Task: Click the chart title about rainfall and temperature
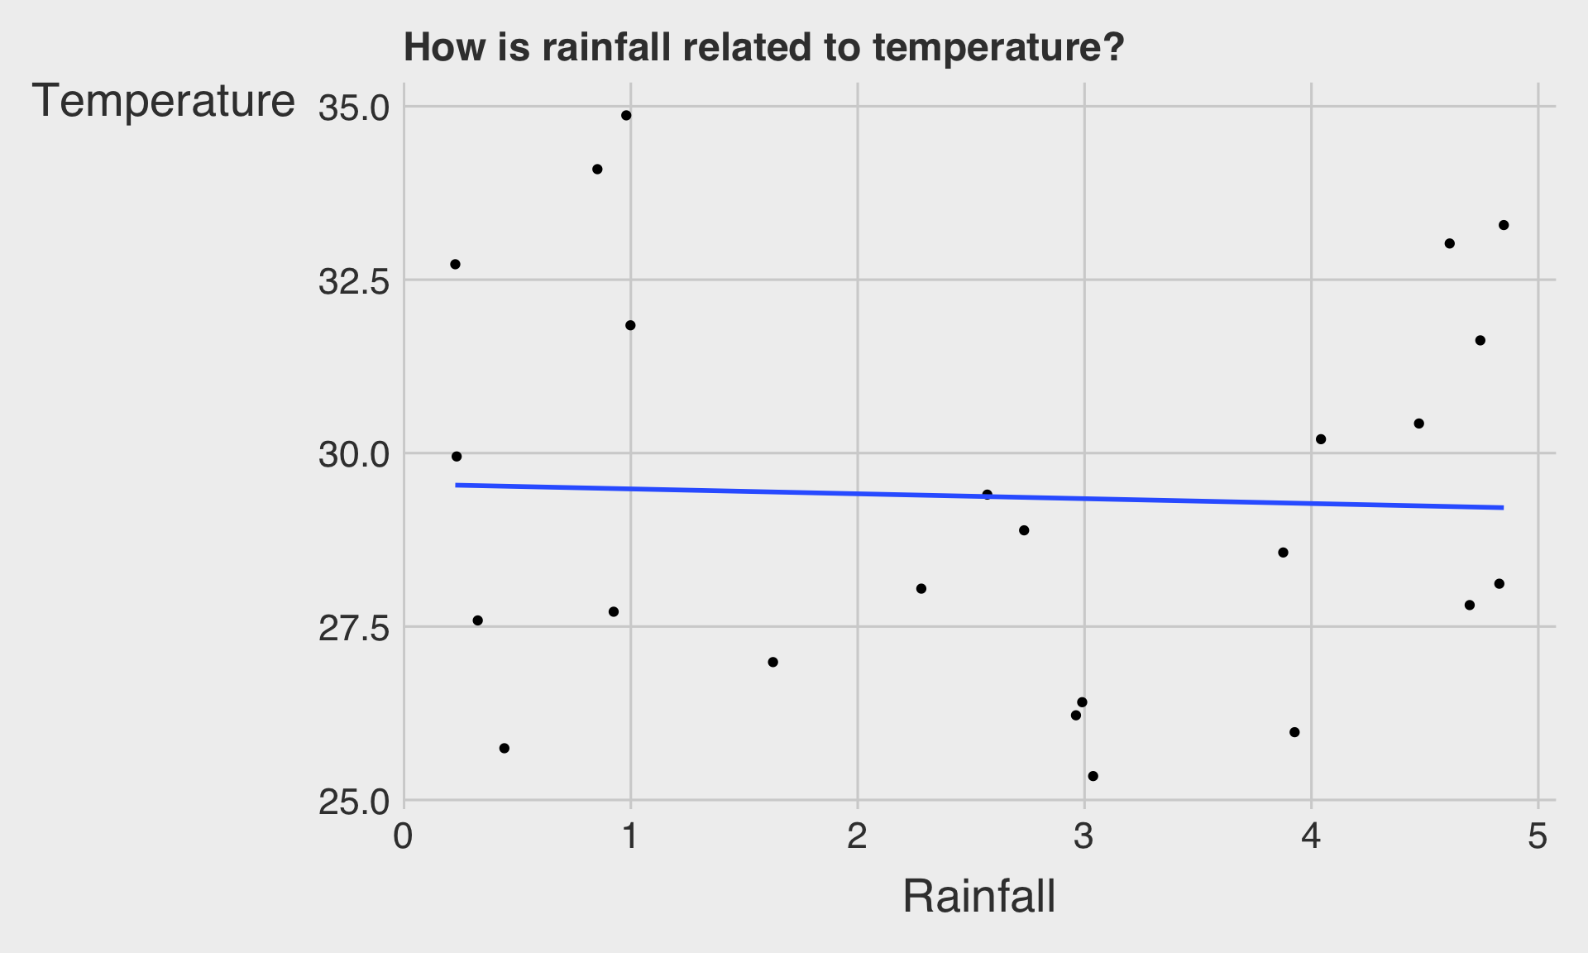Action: pyautogui.click(x=763, y=48)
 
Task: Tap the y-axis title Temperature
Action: pyautogui.click(x=163, y=102)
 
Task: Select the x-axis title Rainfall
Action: pyautogui.click(x=978, y=896)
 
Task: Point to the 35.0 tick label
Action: pyautogui.click(x=353, y=108)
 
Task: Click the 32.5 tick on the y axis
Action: pyautogui.click(x=353, y=282)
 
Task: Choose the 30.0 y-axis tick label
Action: pyautogui.click(x=353, y=455)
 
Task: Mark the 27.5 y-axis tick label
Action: pyautogui.click(x=353, y=629)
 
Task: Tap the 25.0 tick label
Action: pyautogui.click(x=353, y=802)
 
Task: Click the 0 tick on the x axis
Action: pyautogui.click(x=404, y=837)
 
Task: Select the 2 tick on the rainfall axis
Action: pyautogui.click(x=857, y=837)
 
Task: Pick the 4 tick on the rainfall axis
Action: pyautogui.click(x=1311, y=837)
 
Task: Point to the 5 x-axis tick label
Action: pyautogui.click(x=1538, y=837)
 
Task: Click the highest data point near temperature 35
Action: pyautogui.click(x=626, y=116)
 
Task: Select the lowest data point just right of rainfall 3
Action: pyautogui.click(x=1093, y=776)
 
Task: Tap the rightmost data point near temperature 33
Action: pyautogui.click(x=1504, y=225)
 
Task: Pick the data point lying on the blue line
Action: pyautogui.click(x=987, y=495)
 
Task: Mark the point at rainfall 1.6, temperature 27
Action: pyautogui.click(x=772, y=662)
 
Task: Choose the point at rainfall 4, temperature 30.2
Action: pyautogui.click(x=1321, y=439)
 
